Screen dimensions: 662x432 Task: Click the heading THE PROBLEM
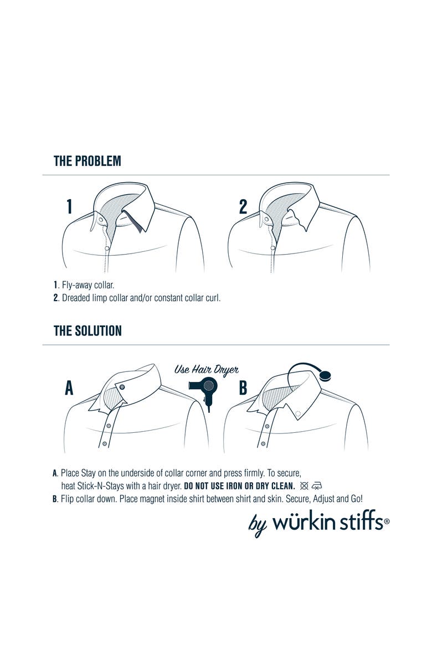click(x=87, y=161)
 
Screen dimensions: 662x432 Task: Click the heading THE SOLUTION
click(x=88, y=331)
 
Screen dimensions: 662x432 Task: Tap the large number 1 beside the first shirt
click(x=69, y=206)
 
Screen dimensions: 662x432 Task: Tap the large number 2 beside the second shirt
click(x=243, y=206)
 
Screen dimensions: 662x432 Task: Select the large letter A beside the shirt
click(x=69, y=388)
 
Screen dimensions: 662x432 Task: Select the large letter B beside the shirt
click(x=243, y=388)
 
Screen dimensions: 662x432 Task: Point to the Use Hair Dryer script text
click(x=207, y=369)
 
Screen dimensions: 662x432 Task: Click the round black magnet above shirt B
click(x=326, y=376)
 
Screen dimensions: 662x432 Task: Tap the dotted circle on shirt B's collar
click(x=297, y=413)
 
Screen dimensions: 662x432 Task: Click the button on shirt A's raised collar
click(x=122, y=386)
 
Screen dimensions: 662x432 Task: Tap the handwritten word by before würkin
click(x=258, y=525)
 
